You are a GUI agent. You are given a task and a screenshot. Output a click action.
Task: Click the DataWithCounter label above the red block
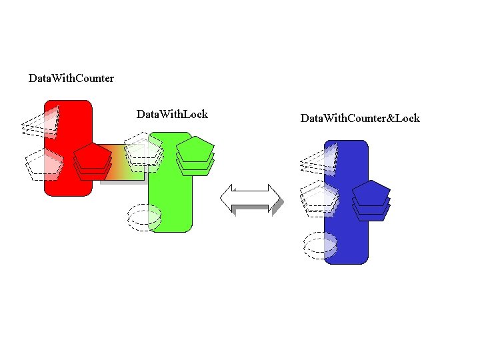71,79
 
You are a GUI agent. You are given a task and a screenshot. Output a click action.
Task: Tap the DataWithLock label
172,114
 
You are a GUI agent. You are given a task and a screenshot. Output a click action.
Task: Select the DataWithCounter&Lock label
360,118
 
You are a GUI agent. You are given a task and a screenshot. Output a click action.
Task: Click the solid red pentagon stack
93,161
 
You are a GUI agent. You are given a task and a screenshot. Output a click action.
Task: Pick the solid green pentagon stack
195,155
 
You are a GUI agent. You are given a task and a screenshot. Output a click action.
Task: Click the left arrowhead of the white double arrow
227,198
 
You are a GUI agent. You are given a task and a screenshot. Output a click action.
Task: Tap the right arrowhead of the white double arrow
274,198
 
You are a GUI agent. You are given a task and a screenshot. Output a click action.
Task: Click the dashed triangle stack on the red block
40,122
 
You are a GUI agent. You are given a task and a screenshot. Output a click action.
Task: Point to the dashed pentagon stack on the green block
144,149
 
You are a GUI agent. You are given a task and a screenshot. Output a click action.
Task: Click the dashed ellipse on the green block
144,215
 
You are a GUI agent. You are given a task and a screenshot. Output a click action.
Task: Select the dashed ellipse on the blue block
320,245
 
